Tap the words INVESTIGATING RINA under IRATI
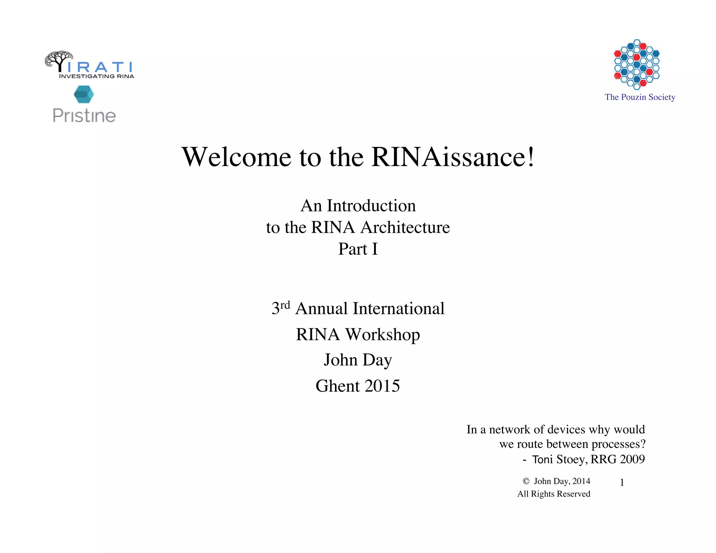tap(96, 76)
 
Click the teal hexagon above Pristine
tap(84, 94)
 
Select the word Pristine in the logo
tap(84, 116)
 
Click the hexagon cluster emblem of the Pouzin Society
tap(637, 64)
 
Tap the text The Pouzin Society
tap(640, 97)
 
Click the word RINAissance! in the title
tap(453, 157)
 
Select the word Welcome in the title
tap(236, 157)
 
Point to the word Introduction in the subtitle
tap(371, 206)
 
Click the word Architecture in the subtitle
tap(405, 228)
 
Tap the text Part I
tap(358, 249)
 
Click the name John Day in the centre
tap(358, 360)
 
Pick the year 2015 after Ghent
tap(382, 386)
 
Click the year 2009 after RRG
tap(631, 459)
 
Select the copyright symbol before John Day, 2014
tap(526, 481)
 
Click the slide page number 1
tap(622, 483)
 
